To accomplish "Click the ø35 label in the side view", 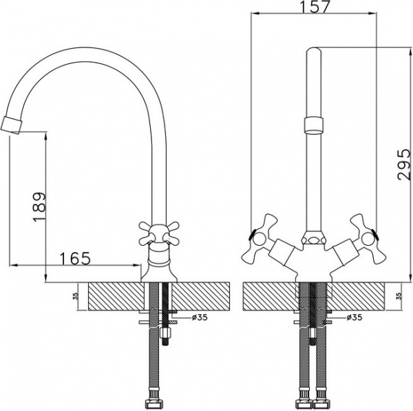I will (198, 317).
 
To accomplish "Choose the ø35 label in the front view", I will (354, 317).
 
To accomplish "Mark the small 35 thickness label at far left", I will (74, 297).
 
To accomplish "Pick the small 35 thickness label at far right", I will (399, 297).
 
